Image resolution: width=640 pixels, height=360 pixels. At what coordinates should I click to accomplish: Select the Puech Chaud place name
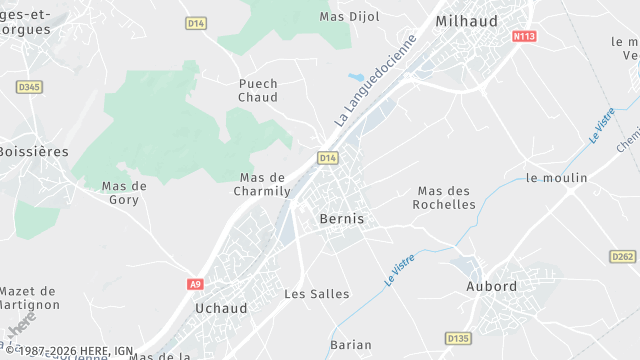pos(258,90)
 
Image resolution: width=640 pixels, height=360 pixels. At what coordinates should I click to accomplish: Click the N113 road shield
pos(523,36)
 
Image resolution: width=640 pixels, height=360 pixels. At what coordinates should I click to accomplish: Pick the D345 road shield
pos(30,87)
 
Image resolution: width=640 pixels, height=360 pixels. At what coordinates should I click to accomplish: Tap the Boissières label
pos(34,151)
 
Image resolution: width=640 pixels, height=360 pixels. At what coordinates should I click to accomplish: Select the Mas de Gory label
pos(124,192)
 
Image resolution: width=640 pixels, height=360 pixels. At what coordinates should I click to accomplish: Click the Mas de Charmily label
pos(262,184)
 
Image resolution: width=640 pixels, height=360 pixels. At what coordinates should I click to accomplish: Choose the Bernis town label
pos(342,218)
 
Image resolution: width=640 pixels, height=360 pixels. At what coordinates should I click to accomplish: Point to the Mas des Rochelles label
pos(446,197)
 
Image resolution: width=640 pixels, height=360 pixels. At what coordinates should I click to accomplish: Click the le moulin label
pos(556,178)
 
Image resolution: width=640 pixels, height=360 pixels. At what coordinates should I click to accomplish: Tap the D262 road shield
pos(622,257)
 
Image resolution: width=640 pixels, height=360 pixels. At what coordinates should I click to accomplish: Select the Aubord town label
pos(492,286)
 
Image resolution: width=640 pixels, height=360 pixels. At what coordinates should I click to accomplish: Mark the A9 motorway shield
pos(195,284)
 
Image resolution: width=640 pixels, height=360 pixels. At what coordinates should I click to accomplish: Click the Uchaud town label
pos(221,308)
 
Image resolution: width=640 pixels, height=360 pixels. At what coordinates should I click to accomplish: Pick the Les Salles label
pos(317,294)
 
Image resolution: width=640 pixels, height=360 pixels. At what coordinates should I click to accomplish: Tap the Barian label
pos(350,345)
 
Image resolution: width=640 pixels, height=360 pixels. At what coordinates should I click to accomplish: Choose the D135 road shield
pos(458,338)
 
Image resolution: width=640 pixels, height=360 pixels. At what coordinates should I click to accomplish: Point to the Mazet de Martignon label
pos(28,296)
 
